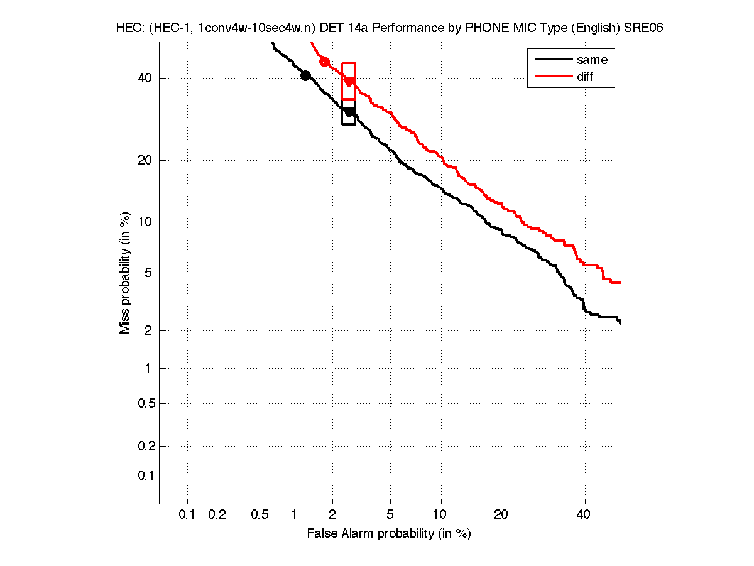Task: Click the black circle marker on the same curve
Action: point(305,75)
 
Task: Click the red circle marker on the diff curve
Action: point(324,62)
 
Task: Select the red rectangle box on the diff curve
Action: point(349,80)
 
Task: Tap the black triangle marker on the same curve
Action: point(349,112)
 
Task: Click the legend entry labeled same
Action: point(592,60)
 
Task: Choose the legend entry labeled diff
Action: point(584,77)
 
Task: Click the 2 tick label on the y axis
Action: point(147,330)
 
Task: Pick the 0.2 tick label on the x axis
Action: point(217,515)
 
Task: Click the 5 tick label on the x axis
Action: point(391,515)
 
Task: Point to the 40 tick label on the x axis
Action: point(585,515)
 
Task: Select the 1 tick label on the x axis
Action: point(295,515)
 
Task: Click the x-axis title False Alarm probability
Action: point(388,534)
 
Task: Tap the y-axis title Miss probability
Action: point(125,274)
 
